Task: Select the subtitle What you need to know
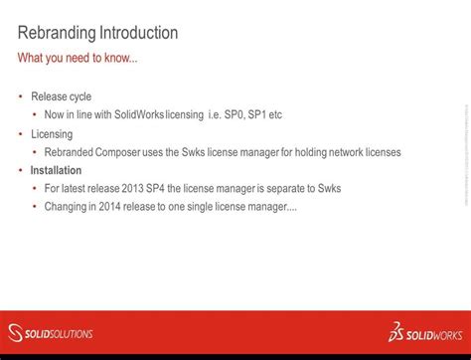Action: [x=78, y=59]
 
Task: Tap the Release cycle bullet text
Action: [x=61, y=96]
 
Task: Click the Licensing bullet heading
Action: [x=52, y=133]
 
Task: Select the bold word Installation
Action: [x=56, y=170]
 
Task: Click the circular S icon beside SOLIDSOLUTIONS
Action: [x=16, y=333]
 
